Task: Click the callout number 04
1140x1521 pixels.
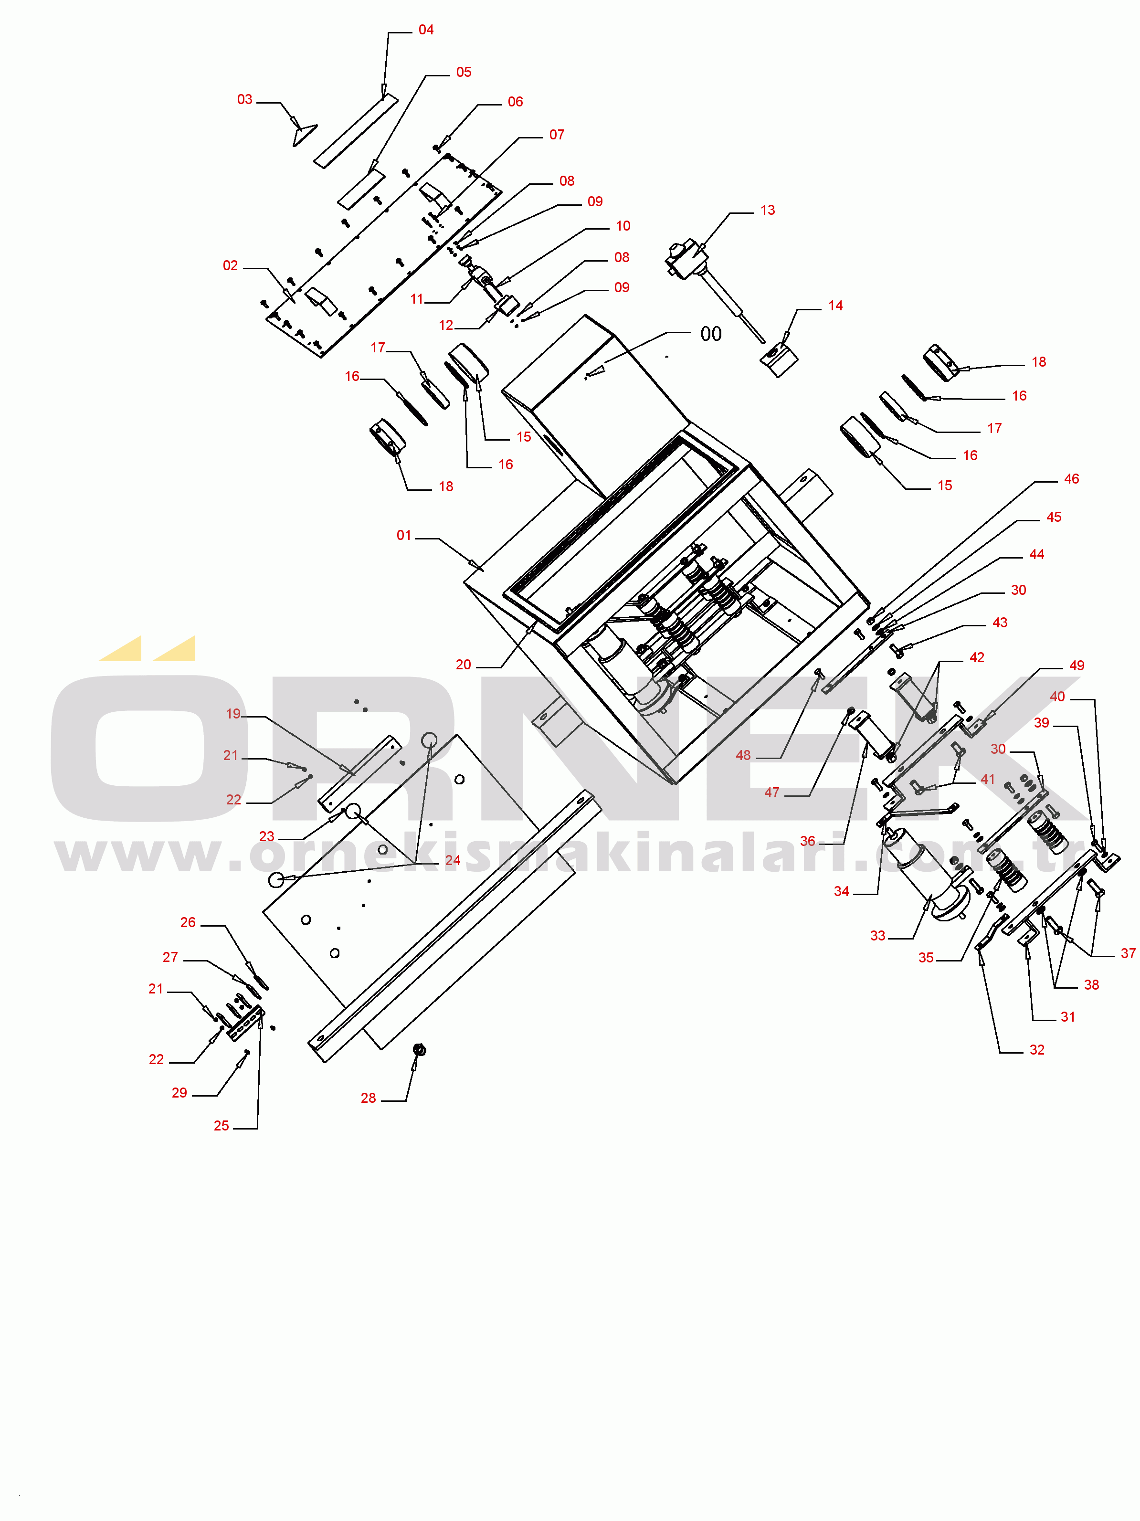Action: (426, 30)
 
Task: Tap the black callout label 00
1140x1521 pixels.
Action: (711, 334)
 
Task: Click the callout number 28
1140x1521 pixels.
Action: (369, 1098)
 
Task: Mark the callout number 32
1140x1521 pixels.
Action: (1037, 1050)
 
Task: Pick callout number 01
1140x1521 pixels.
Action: (403, 536)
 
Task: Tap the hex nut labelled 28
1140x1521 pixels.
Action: (419, 1049)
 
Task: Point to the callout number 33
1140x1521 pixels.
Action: (878, 936)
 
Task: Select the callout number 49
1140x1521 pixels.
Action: (1077, 665)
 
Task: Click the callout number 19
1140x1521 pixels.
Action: (234, 714)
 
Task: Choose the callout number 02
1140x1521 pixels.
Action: (230, 266)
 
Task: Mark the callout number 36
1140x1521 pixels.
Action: (808, 842)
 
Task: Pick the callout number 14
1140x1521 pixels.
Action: (835, 306)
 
